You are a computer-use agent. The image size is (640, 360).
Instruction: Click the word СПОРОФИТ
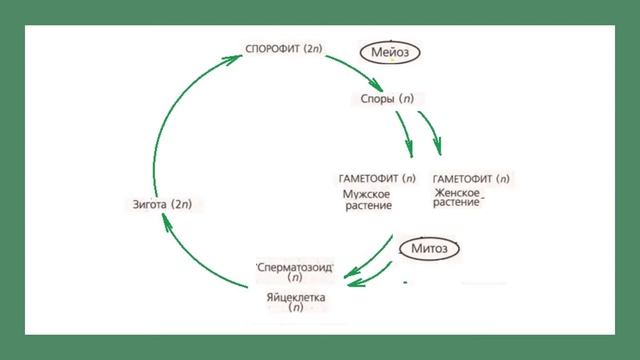point(272,47)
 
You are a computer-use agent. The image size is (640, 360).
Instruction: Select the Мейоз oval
point(390,51)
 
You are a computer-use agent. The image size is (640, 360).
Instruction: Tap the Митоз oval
point(428,247)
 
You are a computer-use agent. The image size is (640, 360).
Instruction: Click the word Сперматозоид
point(295,267)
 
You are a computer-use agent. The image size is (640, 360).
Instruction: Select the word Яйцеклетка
point(295,297)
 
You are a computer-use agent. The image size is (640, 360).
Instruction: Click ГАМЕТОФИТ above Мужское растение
point(362,178)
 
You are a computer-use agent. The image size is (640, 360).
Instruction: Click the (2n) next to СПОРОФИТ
point(318,47)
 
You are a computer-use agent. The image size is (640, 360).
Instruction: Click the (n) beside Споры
point(406,100)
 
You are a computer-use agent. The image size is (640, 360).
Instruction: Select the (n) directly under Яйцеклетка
point(295,309)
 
